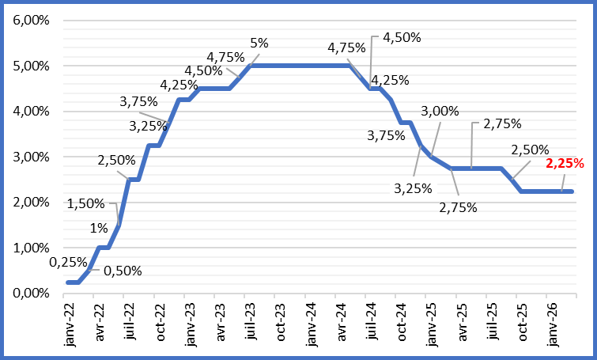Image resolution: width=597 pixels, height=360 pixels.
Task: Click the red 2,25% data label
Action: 565,165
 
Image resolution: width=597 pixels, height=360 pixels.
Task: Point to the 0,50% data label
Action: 122,271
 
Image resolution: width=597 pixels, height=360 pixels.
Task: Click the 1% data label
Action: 98,229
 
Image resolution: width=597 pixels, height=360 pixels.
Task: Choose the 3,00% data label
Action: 440,112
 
